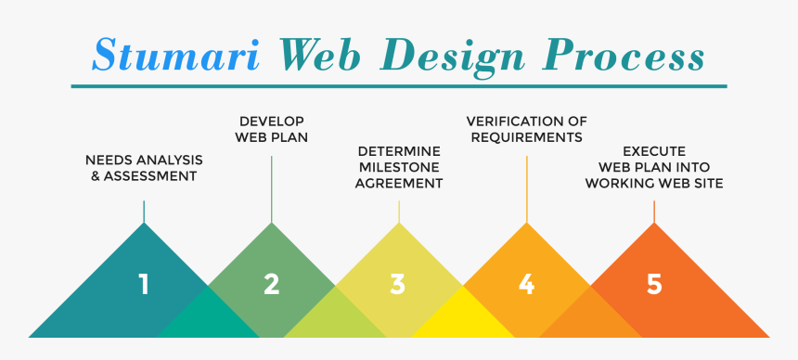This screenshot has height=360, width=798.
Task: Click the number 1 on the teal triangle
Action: coord(144,284)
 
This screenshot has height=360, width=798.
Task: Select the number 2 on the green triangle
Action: coord(271,284)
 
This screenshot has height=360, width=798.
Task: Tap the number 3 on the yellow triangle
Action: coord(398,284)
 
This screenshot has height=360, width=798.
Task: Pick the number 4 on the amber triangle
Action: coord(526,284)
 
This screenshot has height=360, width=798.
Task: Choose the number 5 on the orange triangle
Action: coord(654,284)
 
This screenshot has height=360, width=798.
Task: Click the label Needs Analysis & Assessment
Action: coord(144,167)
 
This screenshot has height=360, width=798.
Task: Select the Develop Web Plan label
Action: coord(272,129)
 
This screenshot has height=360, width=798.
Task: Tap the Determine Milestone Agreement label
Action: coord(399,167)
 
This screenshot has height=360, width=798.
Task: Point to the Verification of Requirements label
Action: coord(526,129)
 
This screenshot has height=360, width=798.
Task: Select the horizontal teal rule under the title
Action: coord(399,86)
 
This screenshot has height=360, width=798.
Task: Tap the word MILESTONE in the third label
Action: coord(399,167)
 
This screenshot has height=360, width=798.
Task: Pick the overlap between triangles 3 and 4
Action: coord(462,315)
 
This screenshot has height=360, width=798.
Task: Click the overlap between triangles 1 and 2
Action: coord(208,315)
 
